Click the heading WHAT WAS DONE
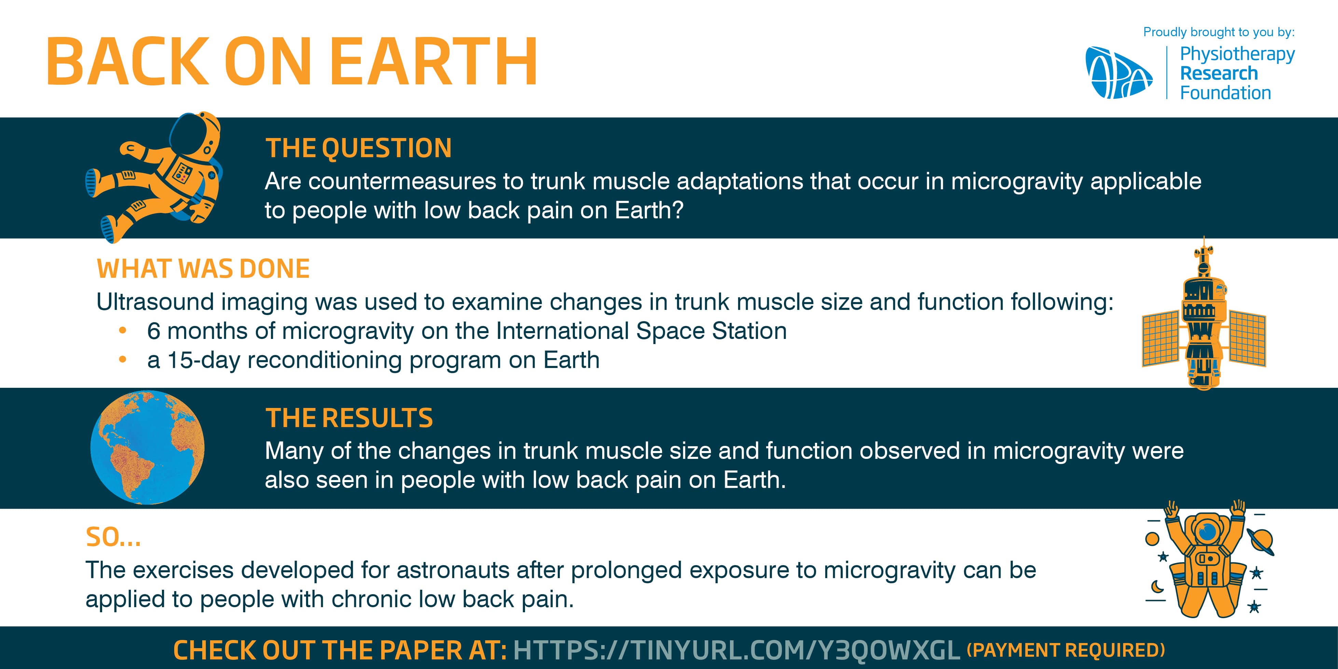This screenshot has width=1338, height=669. coord(203,269)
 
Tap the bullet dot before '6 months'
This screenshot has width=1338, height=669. coord(123,330)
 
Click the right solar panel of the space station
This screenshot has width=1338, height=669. coord(1247,338)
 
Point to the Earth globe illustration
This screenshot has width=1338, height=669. coord(148,447)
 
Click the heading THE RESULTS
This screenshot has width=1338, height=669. coord(349,418)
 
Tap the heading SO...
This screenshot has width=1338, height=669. coord(113,537)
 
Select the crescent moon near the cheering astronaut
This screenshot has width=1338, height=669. coord(1158,586)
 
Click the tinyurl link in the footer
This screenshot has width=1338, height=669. coord(736,650)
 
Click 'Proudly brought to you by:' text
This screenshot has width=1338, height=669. coord(1219,32)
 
